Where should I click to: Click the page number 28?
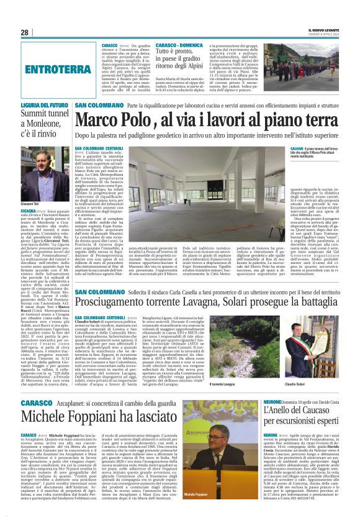(x=25, y=32)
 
